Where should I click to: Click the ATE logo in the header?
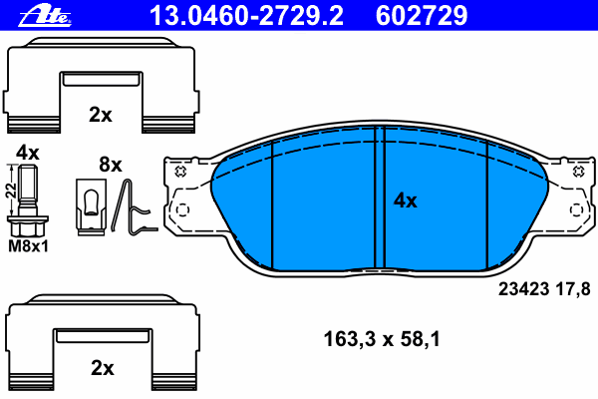coord(45,16)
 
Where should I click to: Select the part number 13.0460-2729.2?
coord(246,16)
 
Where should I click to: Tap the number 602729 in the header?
coord(422,16)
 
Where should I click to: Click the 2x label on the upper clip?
coord(101,114)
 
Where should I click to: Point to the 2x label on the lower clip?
coord(103,368)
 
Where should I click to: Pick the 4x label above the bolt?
coord(28,153)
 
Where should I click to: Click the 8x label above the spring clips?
coord(111,165)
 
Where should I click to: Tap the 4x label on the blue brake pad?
coord(406,200)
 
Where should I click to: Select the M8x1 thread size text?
coord(29,246)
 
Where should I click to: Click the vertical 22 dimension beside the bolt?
coord(11,191)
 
